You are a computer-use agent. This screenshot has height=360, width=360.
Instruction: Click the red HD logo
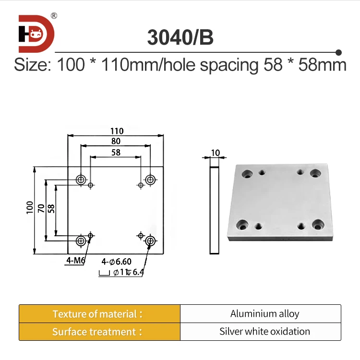pyautogui.click(x=36, y=34)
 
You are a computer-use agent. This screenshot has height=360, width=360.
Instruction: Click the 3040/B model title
pyautogui.click(x=180, y=38)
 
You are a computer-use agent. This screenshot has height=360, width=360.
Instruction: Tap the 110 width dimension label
pyautogui.click(x=116, y=131)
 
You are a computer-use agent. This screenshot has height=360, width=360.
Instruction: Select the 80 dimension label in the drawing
pyautogui.click(x=116, y=142)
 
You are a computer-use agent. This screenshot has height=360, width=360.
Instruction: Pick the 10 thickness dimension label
pyautogui.click(x=215, y=153)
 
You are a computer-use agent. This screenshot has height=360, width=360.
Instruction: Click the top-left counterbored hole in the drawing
pyautogui.click(x=81, y=180)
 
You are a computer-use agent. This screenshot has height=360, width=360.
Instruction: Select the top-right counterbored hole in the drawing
pyautogui.click(x=151, y=180)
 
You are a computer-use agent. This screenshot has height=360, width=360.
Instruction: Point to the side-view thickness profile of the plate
pyautogui.click(x=215, y=210)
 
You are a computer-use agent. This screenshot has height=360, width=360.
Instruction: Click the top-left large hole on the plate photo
pyautogui.click(x=248, y=173)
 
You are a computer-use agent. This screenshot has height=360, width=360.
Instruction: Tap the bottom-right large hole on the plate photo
pyautogui.click(x=319, y=225)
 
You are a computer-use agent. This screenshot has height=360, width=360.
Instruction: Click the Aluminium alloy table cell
pyautogui.click(x=264, y=314)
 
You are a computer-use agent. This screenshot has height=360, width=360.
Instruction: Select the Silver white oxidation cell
pyautogui.click(x=264, y=332)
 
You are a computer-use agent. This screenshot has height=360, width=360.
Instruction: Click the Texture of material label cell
pyautogui.click(x=99, y=314)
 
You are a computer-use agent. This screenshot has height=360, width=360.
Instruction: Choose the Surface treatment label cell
pyautogui.click(x=99, y=332)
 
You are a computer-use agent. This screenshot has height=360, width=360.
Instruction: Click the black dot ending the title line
pyautogui.click(x=338, y=52)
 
